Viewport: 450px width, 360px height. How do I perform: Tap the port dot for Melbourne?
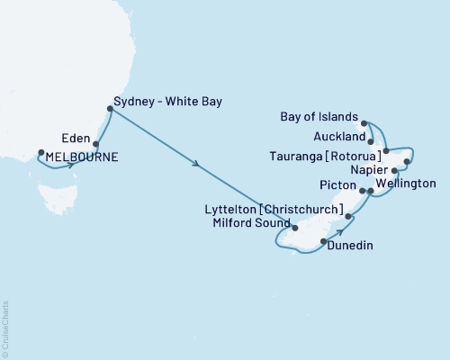point(40,151)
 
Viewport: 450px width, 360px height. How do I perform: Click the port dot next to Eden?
point(95,143)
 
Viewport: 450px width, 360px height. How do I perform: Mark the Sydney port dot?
point(110,109)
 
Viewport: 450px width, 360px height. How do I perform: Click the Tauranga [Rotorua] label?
point(327,154)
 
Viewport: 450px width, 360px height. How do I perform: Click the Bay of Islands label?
point(320,117)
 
